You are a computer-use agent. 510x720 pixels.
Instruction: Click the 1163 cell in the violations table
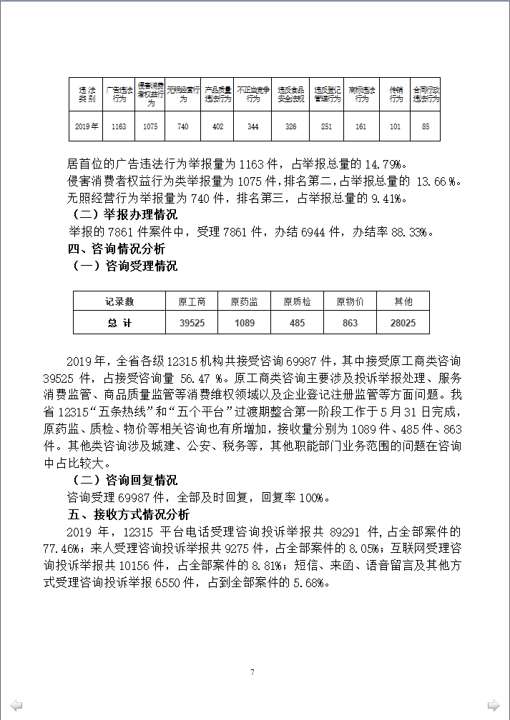point(119,126)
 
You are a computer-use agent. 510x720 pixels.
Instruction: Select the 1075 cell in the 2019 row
point(150,126)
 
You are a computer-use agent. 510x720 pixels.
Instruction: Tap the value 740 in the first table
point(183,126)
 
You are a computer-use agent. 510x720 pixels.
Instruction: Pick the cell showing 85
point(426,126)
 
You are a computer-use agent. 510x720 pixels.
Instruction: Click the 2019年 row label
point(87,126)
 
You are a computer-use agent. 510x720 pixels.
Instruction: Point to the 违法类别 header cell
point(87,94)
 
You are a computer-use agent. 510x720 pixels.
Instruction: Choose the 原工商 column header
point(192,302)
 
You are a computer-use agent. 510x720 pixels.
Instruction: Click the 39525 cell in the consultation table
point(192,323)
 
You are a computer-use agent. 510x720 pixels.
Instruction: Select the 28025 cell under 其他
point(403,323)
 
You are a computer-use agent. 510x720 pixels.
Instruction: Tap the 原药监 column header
point(245,302)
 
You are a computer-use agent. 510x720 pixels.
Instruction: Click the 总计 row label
point(119,323)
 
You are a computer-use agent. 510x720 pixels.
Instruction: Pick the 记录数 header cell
point(119,302)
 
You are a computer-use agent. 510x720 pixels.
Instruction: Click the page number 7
point(252,672)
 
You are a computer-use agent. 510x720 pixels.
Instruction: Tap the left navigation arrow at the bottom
point(16,705)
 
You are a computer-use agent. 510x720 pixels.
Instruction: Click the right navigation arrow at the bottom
point(494,705)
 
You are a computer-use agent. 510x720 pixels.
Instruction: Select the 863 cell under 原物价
point(350,323)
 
